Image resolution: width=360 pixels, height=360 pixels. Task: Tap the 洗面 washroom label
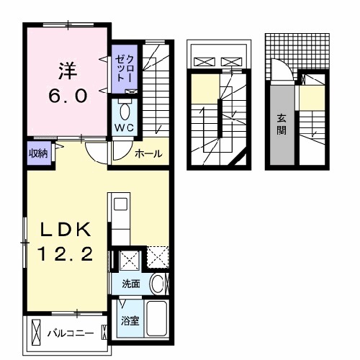(131, 284)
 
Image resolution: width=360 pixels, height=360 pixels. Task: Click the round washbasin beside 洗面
(157, 284)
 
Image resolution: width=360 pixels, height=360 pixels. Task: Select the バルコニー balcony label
(71, 334)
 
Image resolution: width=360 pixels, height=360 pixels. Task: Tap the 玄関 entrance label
(282, 126)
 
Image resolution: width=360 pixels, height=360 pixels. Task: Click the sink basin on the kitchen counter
(120, 204)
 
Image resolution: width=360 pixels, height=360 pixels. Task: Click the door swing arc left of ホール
(96, 152)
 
